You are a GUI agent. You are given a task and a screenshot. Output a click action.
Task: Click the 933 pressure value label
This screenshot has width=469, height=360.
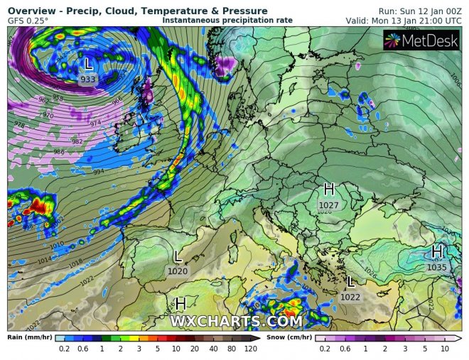coord(88,80)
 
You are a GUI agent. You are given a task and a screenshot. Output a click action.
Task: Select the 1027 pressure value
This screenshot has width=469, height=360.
coord(329,204)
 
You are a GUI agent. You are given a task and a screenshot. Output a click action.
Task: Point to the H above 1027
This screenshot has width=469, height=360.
coord(329,190)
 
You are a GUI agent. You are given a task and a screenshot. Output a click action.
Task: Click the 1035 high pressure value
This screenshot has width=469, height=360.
coord(437,268)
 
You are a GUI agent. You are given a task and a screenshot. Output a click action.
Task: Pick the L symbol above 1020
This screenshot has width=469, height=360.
coord(178,256)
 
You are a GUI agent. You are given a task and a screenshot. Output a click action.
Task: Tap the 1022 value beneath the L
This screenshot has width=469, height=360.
coord(350,297)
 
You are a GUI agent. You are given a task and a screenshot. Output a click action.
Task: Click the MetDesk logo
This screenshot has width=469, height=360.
coord(421,40)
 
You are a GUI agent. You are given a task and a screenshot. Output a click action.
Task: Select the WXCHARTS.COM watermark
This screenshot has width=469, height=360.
coord(236,322)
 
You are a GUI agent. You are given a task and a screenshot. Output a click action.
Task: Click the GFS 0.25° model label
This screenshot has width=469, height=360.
coord(28,21)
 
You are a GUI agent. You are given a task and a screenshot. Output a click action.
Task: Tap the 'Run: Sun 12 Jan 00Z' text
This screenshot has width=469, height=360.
coord(418,11)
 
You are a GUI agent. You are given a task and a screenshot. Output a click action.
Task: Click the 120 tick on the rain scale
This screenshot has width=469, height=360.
coord(251,350)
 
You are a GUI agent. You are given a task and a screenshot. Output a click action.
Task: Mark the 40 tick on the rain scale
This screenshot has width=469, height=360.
coord(214,350)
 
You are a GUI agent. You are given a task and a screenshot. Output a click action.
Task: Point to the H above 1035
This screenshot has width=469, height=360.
coord(437,252)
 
